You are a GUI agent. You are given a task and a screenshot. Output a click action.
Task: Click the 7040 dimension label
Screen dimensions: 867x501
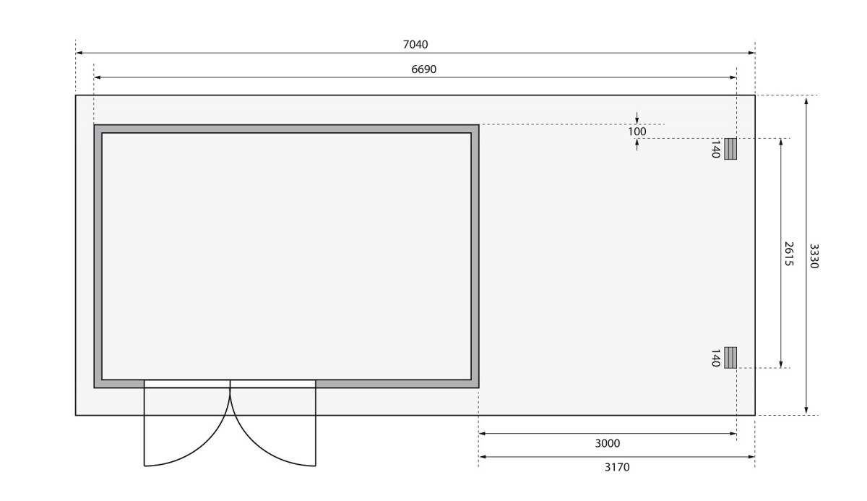coord(415,45)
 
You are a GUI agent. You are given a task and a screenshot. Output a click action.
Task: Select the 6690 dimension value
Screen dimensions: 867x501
coord(424,69)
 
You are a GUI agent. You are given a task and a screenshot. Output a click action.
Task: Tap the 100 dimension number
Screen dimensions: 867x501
coord(637,132)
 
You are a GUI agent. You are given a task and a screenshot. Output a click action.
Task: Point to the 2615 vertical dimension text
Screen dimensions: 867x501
coord(789,254)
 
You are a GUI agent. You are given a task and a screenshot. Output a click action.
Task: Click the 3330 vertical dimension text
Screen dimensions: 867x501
coord(814,256)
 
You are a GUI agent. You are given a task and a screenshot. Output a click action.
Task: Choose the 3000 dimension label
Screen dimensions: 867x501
coord(608,443)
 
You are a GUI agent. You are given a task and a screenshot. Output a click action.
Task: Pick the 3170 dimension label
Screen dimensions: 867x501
coord(617,467)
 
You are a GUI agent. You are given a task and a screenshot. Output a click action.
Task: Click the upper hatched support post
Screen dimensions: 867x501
coord(730,149)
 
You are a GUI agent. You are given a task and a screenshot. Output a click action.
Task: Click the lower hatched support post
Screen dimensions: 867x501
coord(730,357)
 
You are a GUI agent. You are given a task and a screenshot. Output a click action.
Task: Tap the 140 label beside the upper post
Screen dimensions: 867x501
coord(716,150)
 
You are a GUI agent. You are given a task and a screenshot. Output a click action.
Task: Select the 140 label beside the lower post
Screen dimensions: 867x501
coord(716,358)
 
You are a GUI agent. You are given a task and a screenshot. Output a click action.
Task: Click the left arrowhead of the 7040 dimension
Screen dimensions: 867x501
coord(79,53)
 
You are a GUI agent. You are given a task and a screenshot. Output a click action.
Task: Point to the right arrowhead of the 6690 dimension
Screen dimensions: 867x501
coord(733,77)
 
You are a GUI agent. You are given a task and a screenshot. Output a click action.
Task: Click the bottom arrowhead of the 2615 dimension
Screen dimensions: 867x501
coord(781,364)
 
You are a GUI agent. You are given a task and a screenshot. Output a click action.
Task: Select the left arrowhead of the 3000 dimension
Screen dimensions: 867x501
coord(483,434)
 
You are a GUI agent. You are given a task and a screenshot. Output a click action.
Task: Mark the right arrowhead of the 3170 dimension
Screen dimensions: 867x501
coord(751,457)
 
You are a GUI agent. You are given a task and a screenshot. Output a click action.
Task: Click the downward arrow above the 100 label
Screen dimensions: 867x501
coord(637,118)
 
